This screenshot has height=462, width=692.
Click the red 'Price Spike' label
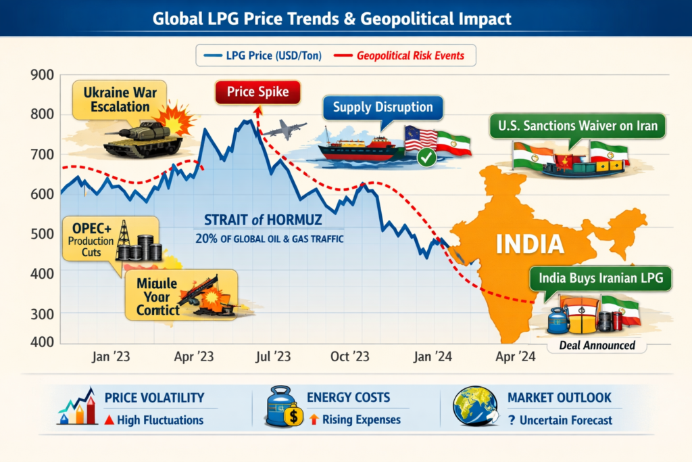coord(258,92)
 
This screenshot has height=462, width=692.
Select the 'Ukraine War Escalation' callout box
coord(116,99)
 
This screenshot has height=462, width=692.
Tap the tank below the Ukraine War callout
coord(143,139)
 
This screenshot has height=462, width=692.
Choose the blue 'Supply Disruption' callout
coord(382,108)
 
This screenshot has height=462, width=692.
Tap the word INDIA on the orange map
coord(530,244)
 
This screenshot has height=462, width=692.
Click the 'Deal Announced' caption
coord(597,345)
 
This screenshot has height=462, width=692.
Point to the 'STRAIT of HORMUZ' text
coord(263,220)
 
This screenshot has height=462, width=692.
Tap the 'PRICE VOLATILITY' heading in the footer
coord(154,398)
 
